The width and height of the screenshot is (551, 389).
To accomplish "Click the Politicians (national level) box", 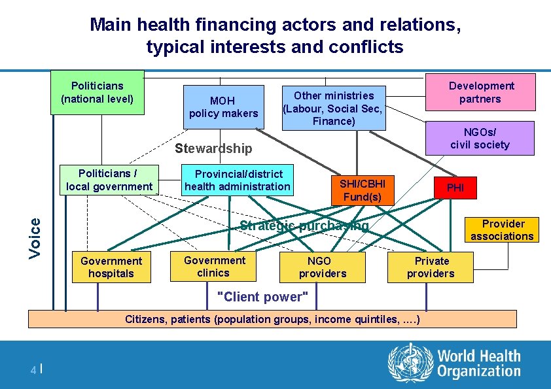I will point(98,92).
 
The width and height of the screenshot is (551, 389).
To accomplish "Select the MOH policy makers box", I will point(223,107).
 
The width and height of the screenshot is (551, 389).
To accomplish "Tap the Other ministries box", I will point(333,108).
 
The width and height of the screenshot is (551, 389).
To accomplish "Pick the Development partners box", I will point(480,92).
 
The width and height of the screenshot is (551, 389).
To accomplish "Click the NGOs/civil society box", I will point(480,138).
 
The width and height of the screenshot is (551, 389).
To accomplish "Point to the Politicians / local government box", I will point(109,180).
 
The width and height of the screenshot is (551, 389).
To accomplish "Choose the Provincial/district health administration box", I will point(237,180).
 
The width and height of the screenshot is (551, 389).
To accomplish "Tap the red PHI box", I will point(455,188).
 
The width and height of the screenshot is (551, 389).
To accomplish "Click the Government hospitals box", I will point(111,267).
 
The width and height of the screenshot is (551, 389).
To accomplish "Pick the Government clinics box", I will point(214,266).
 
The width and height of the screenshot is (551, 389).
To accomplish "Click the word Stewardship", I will point(213,148).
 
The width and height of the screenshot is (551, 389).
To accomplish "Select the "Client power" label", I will point(262,297).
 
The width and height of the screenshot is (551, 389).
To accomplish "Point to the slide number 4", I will point(33,370).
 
